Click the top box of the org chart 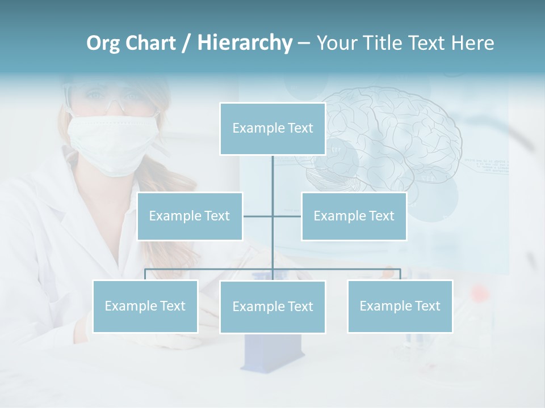[x=272, y=129]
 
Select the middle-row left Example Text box [x=190, y=216]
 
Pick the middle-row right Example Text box [x=354, y=216]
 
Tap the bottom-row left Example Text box [x=145, y=306]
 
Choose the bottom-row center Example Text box [x=272, y=307]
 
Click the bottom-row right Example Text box [x=400, y=306]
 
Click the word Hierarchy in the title [x=245, y=42]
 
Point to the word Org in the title [x=103, y=42]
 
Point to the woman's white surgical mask [x=111, y=142]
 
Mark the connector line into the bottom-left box [x=145, y=274]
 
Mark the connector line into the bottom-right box [x=400, y=274]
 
